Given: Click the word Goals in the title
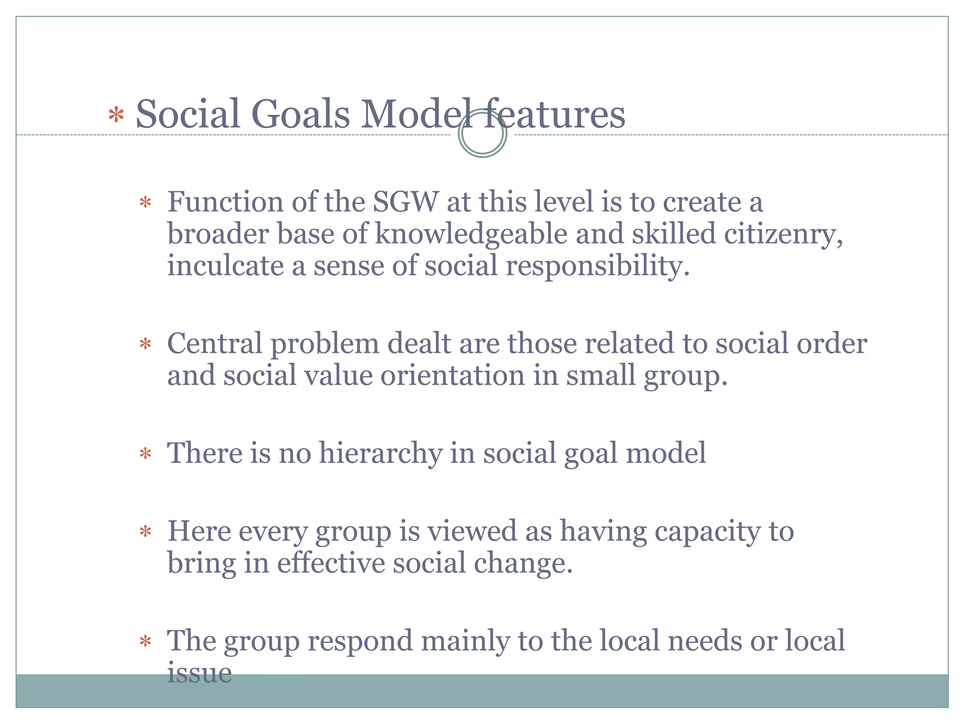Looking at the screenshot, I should point(300,115).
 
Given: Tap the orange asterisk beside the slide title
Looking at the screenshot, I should point(116,115).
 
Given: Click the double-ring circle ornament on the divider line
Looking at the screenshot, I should point(482,133).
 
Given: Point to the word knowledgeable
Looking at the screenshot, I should point(471,234).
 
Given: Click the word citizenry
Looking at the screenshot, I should point(783,234).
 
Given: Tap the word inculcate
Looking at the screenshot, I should point(226,265).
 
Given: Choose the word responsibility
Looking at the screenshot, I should point(597,266).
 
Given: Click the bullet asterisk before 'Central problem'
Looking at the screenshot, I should point(145,345).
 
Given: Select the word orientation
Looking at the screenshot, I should point(452,376).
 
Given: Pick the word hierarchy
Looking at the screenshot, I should point(380,453).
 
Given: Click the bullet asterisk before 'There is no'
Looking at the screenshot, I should point(145,454).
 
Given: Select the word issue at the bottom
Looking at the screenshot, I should point(199,673).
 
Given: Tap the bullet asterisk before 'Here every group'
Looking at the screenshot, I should point(145,533).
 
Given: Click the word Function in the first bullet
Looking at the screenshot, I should point(225,202).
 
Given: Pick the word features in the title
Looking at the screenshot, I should point(555,115).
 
